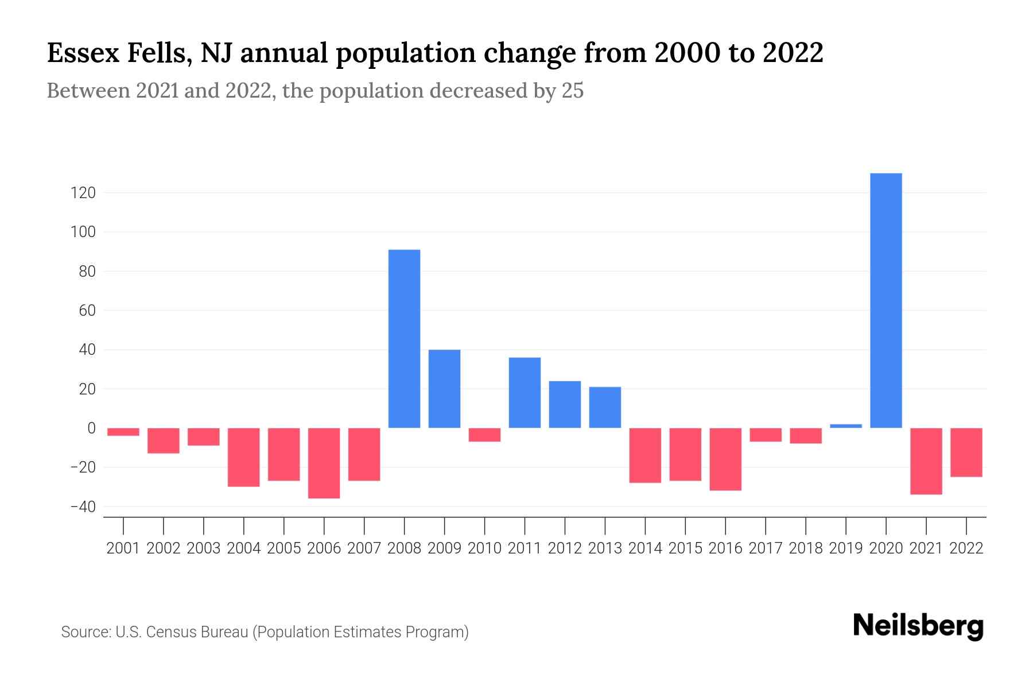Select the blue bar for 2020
[886, 300]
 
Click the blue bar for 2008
[405, 339]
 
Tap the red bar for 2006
[324, 463]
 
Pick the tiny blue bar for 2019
[846, 426]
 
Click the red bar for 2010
[485, 435]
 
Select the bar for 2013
[605, 407]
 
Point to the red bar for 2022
[966, 452]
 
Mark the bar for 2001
[123, 432]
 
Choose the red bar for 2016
[725, 459]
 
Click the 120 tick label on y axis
[83, 193]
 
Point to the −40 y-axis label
[83, 507]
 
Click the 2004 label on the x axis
[244, 548]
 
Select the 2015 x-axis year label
[685, 548]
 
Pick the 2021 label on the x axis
[926, 548]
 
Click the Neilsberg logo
[918, 626]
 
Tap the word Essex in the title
[82, 53]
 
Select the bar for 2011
[525, 393]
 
